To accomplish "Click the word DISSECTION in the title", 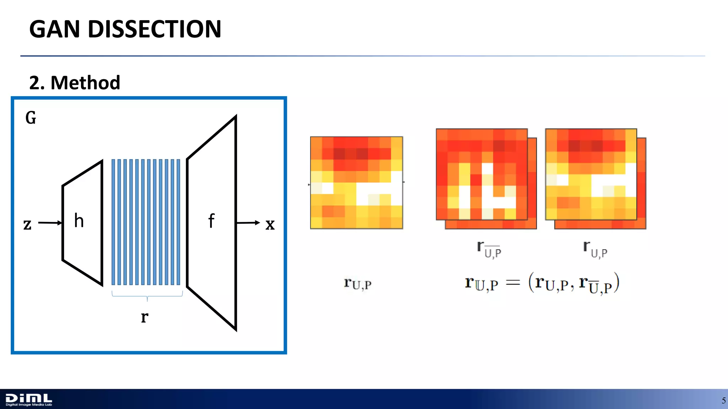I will pyautogui.click(x=154, y=29).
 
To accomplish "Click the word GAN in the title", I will pyautogui.click(x=54, y=29).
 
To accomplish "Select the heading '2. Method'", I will pyautogui.click(x=75, y=83).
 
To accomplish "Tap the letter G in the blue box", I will pyautogui.click(x=31, y=118).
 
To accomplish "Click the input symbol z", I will pyautogui.click(x=27, y=224).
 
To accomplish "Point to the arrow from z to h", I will pyautogui.click(x=50, y=223).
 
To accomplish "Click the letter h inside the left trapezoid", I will pyautogui.click(x=79, y=221).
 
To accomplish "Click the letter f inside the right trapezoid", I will pyautogui.click(x=211, y=221).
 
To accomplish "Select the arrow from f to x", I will pyautogui.click(x=248, y=223).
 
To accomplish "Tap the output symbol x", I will pyautogui.click(x=270, y=224).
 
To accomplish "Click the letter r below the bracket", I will pyautogui.click(x=144, y=317).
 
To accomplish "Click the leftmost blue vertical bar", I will pyautogui.click(x=113, y=222).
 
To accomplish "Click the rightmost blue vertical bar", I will pyautogui.click(x=178, y=222).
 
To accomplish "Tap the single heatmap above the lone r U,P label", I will pyautogui.click(x=357, y=182).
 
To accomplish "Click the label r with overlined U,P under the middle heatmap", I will pyautogui.click(x=489, y=249).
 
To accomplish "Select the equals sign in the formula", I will pyautogui.click(x=513, y=283).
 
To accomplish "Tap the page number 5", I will pyautogui.click(x=723, y=401).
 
